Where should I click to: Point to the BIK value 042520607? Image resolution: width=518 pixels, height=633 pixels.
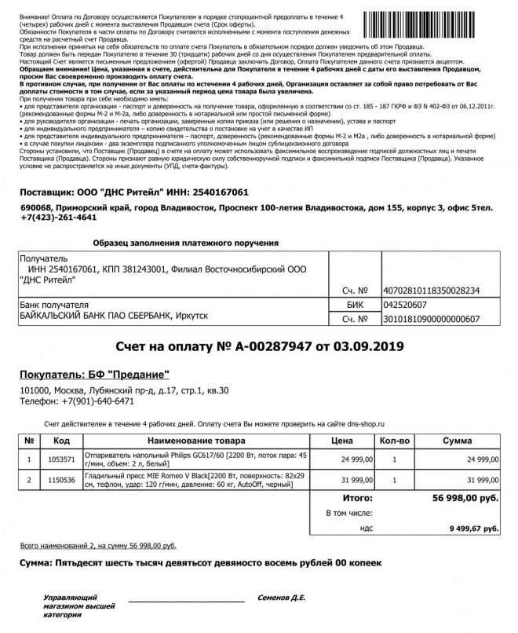coord(405,305)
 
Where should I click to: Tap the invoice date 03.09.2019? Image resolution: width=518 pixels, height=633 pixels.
coord(370,346)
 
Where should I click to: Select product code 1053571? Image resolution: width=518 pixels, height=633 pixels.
coord(60,459)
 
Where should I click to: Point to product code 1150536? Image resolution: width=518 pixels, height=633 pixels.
coord(60,480)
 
